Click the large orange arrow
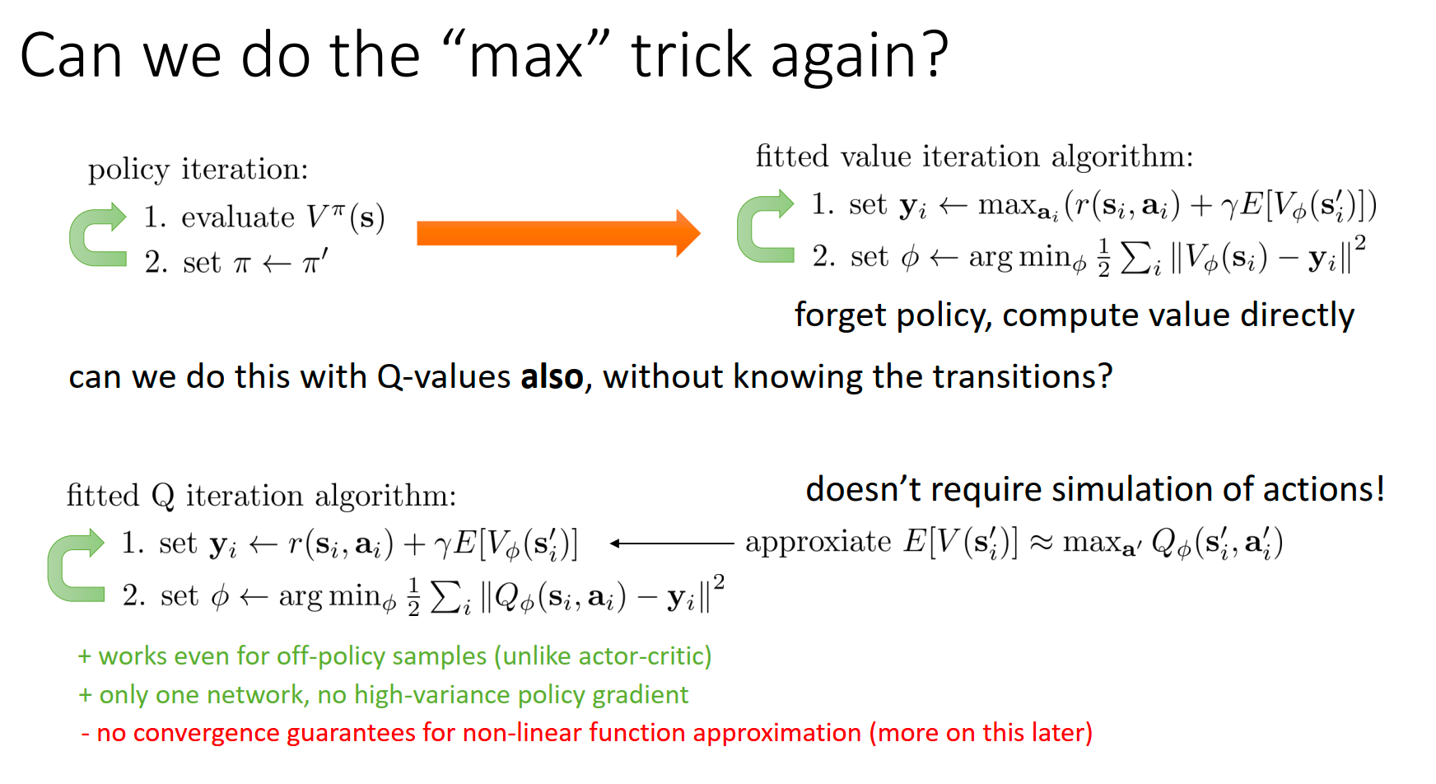tap(558, 233)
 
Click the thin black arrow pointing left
tap(671, 544)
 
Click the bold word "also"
tap(552, 376)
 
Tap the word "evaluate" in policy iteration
tap(238, 217)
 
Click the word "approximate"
tap(818, 543)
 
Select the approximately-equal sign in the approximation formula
tap(1041, 544)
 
